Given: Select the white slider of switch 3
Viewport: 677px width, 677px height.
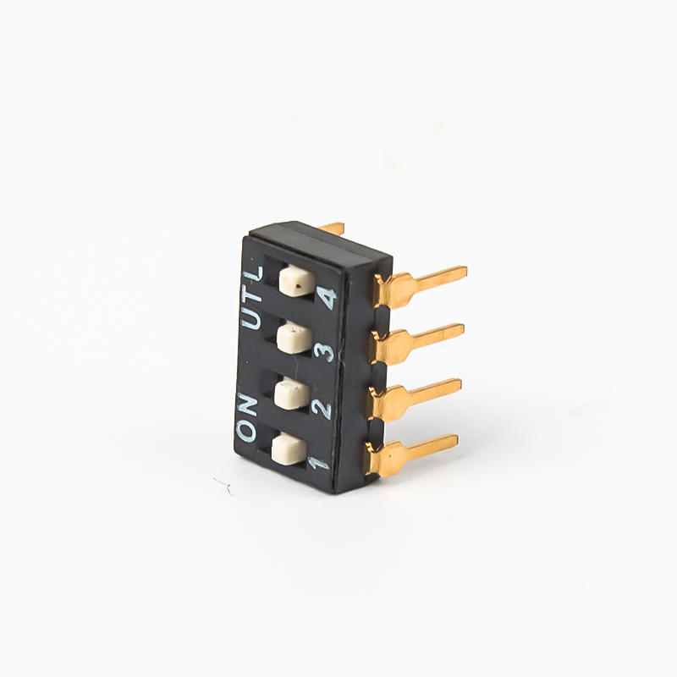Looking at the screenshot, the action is [294, 339].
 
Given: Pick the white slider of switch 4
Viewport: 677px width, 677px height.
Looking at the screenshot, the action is [298, 282].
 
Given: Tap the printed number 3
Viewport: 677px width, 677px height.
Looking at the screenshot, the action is [327, 352].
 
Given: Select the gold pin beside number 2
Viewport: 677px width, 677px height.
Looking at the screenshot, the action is [416, 394].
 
